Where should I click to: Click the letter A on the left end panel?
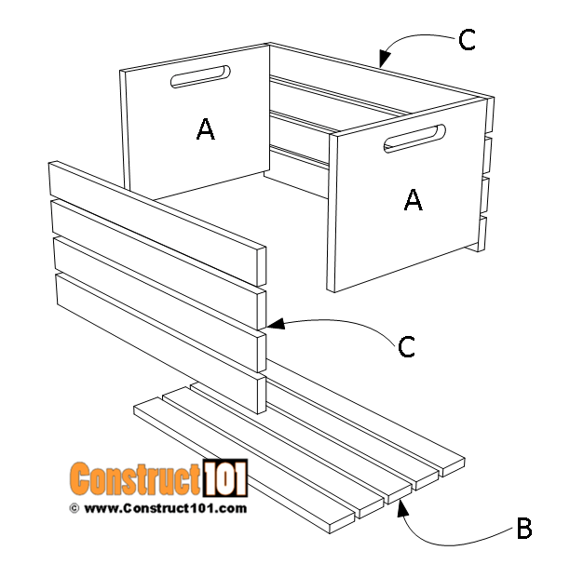pos(206,130)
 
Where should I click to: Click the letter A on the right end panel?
pos(413,198)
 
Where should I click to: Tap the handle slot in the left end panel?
pos(199,76)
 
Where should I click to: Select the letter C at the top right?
pos(468,39)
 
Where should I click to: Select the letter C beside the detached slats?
pos(406,346)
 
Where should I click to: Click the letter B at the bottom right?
pos(523,530)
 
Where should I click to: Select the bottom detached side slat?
pos(158,330)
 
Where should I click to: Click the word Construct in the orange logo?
pos(135,479)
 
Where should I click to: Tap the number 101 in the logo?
pos(224,478)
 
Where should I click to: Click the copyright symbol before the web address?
pos(74,508)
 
